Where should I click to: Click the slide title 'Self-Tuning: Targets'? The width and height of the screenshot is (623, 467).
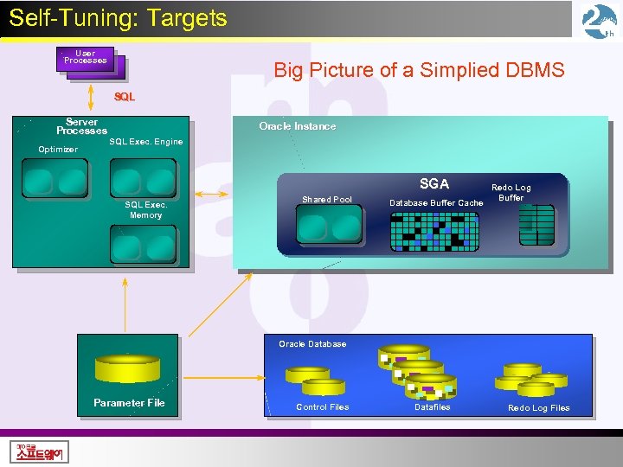point(118,18)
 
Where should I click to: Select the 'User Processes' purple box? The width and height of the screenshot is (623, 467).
point(86,57)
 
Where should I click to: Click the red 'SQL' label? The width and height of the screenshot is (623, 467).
point(125,97)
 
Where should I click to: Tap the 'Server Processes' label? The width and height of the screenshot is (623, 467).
point(81,126)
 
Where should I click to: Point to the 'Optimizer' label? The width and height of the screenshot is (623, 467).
point(57,150)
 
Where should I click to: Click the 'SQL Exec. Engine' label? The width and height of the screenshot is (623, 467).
point(145,141)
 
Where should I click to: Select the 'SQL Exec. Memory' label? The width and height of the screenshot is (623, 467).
point(145,210)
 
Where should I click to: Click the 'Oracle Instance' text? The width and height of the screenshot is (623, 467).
point(297,126)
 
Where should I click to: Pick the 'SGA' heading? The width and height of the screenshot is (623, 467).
point(434,183)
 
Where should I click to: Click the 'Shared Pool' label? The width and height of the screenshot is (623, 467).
point(326,200)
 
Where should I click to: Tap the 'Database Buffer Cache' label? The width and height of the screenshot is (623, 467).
point(436,203)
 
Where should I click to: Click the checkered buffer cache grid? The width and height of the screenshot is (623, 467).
point(434,231)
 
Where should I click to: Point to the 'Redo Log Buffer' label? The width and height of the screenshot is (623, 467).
point(511,192)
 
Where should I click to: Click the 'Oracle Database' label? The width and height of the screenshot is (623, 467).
point(311,344)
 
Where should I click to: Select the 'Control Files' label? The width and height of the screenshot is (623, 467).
point(322,407)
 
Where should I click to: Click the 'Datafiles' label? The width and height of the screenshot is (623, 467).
point(432,407)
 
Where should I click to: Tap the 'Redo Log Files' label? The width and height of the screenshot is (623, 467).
point(538,408)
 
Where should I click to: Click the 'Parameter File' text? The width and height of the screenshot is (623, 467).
point(129,403)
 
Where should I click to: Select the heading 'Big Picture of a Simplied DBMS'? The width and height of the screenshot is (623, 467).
point(419,70)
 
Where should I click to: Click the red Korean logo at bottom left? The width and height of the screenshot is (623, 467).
point(41,451)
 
